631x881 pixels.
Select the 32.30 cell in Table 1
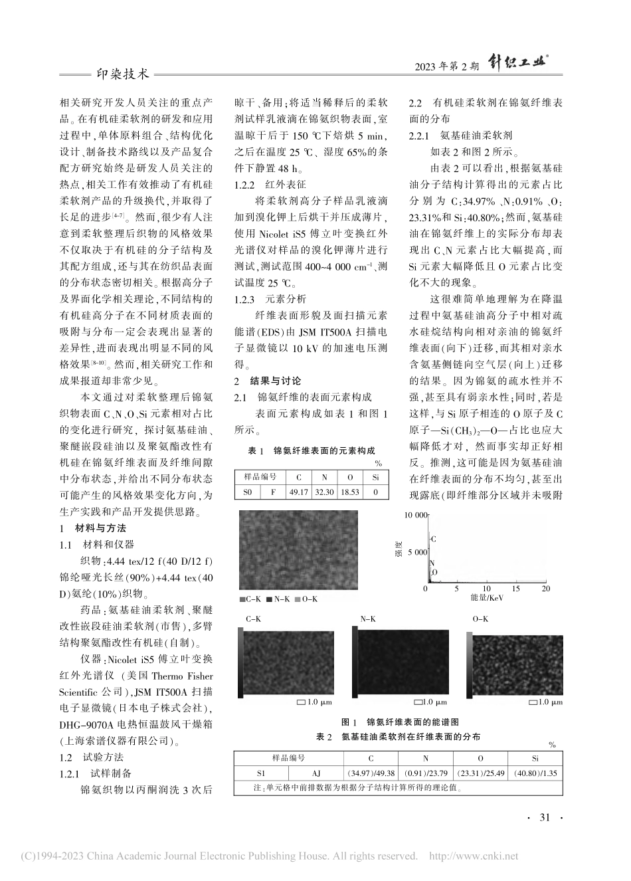tap(324, 492)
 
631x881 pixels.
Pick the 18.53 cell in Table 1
tap(349, 492)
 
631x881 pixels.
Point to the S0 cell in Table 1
tap(248, 492)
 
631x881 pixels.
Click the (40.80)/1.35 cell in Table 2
tap(535, 773)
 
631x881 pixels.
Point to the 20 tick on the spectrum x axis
tap(545, 589)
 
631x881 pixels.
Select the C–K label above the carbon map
tap(254, 619)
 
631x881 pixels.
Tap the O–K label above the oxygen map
tap(480, 619)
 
